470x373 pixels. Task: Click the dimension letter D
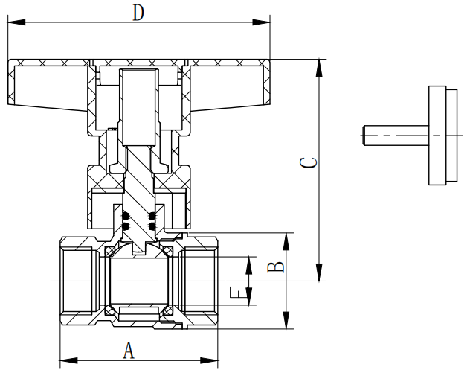137,13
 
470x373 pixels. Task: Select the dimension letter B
274,266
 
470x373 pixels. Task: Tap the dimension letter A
128,349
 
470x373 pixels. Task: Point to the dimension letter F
236,293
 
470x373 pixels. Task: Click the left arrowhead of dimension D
13,23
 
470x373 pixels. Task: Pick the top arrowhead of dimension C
320,64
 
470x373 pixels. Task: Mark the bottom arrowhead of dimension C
320,275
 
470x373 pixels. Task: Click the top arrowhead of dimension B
287,238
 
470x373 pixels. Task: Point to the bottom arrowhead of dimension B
287,323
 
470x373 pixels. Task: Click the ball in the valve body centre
139,281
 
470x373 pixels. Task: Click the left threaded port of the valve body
77,281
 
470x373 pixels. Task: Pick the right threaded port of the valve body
199,281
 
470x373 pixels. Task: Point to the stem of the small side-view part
395,135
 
